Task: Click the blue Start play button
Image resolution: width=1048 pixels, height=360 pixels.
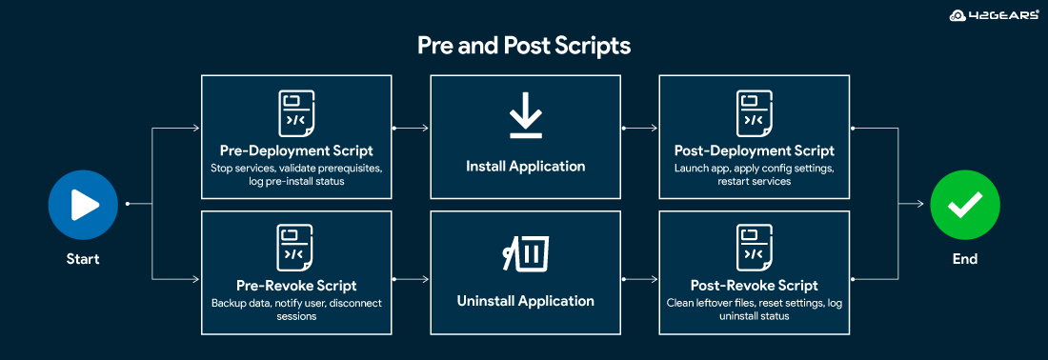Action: (x=83, y=204)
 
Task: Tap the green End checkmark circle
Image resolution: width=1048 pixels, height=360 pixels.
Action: (x=964, y=204)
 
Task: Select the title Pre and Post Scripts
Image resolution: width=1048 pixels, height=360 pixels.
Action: (x=524, y=46)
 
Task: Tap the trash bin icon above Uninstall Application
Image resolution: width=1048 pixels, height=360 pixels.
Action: (x=525, y=253)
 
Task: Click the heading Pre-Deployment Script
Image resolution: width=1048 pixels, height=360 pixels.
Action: (x=296, y=150)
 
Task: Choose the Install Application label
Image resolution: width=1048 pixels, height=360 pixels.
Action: (x=525, y=166)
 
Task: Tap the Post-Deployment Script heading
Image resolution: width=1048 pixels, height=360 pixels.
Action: (x=754, y=150)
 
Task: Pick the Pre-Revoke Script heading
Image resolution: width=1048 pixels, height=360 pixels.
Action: (x=296, y=286)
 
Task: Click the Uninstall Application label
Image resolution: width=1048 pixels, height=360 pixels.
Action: (x=525, y=301)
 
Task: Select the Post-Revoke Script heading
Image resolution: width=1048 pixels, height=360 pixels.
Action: (x=754, y=286)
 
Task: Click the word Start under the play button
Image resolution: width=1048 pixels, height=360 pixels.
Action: (x=83, y=259)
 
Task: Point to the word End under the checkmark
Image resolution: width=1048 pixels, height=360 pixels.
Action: (x=964, y=259)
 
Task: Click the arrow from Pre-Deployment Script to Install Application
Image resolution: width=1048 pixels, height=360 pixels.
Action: (x=411, y=127)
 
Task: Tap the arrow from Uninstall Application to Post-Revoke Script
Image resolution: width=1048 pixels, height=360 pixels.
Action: (x=639, y=279)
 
